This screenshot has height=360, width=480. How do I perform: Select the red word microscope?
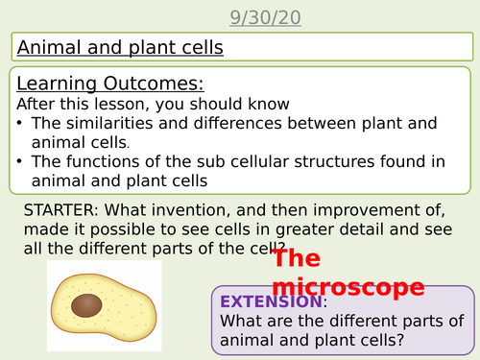(348, 287)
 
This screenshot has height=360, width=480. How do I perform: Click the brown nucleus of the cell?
(88, 306)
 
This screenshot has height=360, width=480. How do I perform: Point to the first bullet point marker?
(21, 123)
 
